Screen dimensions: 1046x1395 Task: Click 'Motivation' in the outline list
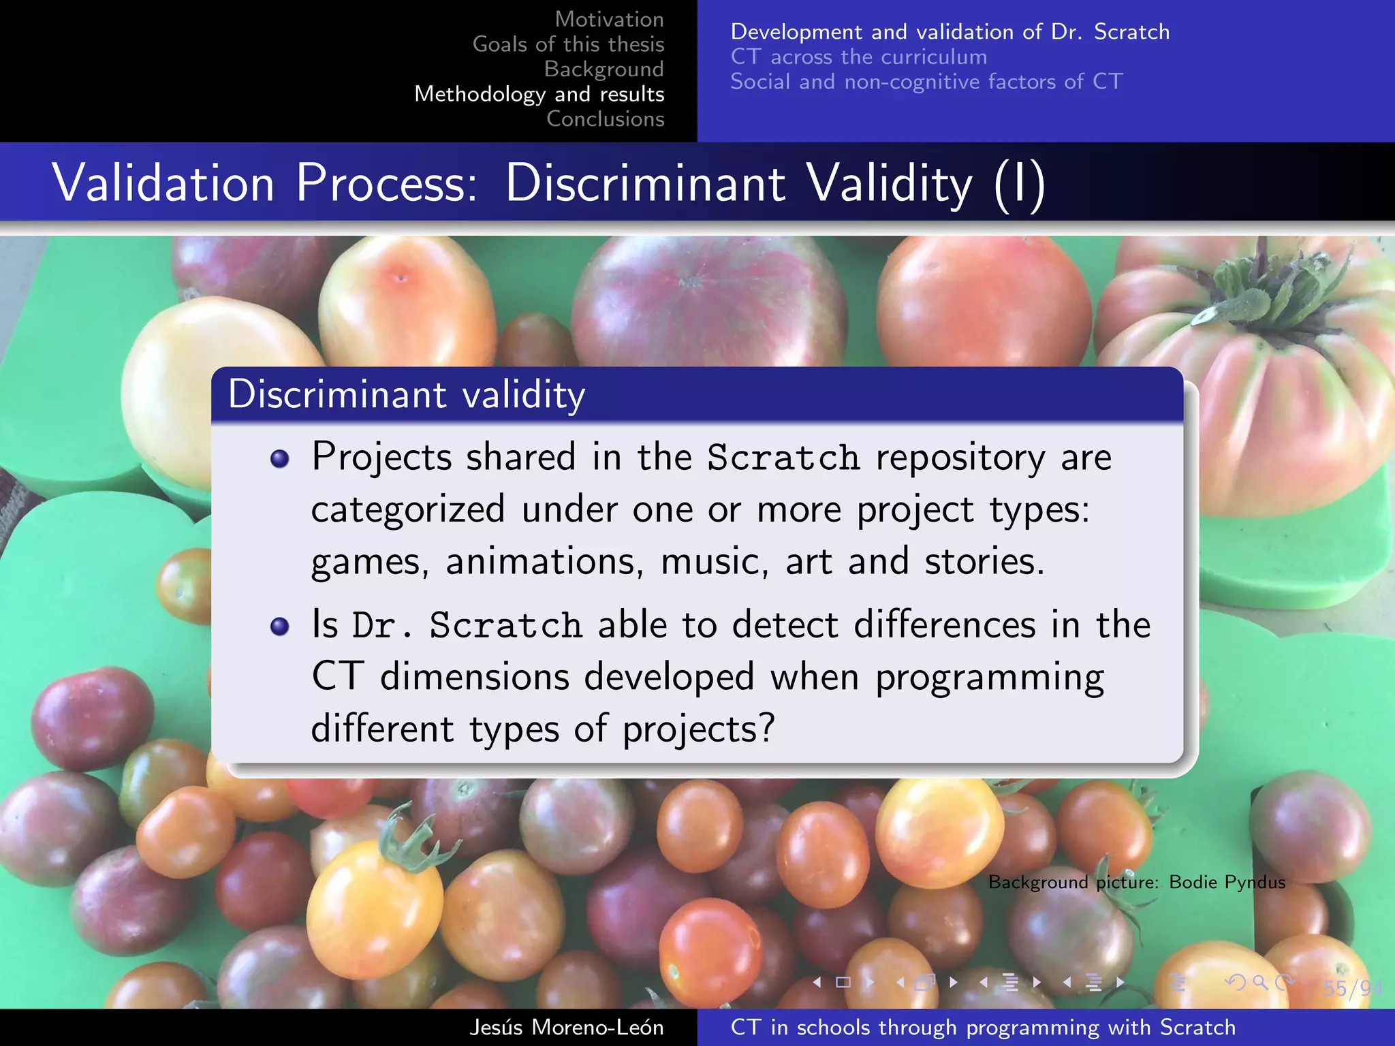pos(609,19)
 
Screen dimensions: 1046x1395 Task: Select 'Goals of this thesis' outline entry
pos(568,44)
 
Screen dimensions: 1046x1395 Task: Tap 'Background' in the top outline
pos(604,69)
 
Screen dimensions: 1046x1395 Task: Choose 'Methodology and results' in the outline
pos(539,94)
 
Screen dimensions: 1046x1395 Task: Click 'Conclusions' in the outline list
pos(605,118)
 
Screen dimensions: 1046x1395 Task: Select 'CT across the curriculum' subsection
pos(858,57)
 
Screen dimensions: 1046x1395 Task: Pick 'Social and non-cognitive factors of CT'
pos(926,82)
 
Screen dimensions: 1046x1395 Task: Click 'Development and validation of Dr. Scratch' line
pos(950,32)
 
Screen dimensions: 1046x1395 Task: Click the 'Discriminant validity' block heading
pos(407,394)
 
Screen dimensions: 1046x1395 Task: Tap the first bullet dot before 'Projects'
pos(279,459)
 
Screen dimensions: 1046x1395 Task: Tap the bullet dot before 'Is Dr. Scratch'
pos(279,626)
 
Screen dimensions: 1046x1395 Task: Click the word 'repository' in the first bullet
pos(960,458)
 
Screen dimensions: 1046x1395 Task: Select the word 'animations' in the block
pos(544,562)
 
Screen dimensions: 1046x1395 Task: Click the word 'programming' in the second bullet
pos(989,678)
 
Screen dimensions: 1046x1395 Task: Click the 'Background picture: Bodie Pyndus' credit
pos(1136,882)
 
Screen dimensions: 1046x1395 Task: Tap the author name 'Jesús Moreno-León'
pos(566,1027)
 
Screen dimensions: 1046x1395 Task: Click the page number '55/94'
pos(1351,988)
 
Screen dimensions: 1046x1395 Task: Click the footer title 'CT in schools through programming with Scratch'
pos(982,1027)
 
